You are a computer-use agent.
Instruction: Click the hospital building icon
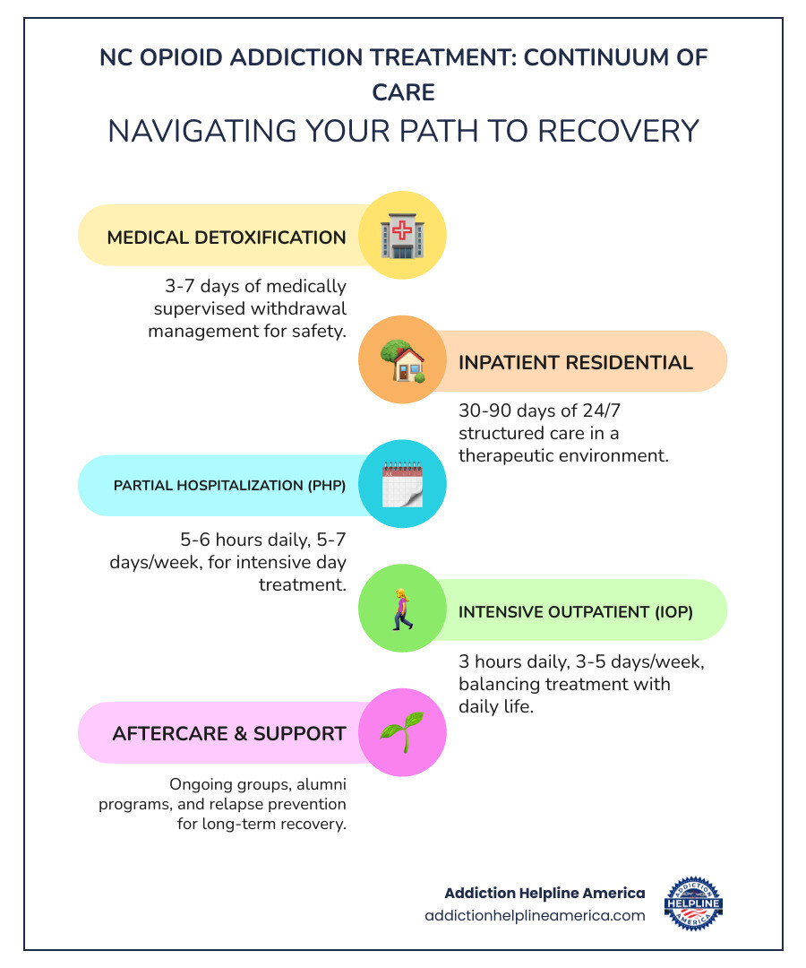(x=402, y=236)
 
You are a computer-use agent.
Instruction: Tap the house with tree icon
(x=402, y=361)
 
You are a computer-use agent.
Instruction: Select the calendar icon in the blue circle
(x=402, y=485)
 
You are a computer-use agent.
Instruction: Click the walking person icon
(x=402, y=609)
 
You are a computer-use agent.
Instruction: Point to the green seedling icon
(x=402, y=733)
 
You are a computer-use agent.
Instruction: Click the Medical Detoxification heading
(x=227, y=238)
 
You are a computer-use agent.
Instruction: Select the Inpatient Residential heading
(x=576, y=362)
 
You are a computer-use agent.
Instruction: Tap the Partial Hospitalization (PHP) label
(x=229, y=486)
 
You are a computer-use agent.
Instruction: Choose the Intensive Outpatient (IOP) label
(x=576, y=612)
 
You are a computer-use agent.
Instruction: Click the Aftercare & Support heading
(x=229, y=733)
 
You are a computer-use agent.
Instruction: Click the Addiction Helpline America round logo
(x=694, y=903)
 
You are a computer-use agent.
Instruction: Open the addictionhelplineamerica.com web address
(x=535, y=915)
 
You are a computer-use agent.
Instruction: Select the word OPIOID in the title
(x=191, y=57)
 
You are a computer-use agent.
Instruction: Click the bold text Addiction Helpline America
(x=544, y=893)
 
